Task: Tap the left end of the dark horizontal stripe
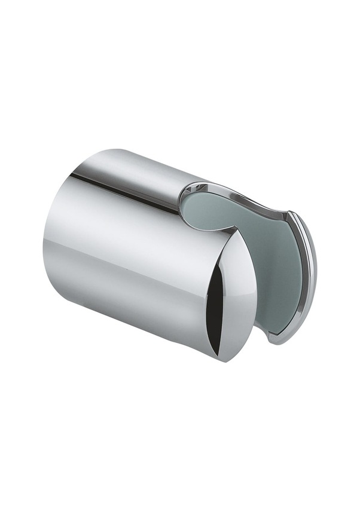click(x=72, y=175)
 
